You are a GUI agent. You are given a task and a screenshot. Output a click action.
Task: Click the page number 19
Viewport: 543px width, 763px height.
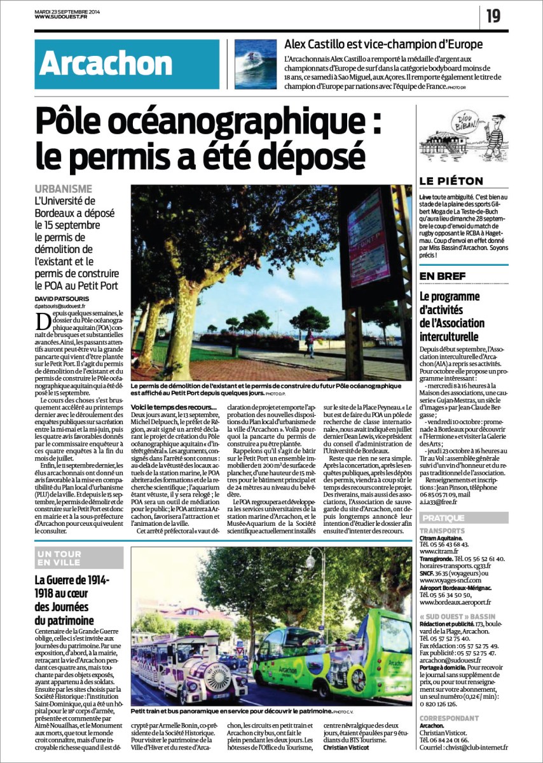point(493,16)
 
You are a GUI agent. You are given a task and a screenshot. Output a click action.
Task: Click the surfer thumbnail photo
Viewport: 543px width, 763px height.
point(256,64)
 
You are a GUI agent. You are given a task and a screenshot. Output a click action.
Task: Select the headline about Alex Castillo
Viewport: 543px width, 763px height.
point(383,45)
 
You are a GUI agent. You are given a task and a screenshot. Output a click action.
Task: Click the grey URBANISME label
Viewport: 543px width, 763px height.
point(63,189)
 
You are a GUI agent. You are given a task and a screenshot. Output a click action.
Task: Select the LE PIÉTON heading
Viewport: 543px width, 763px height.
point(451,181)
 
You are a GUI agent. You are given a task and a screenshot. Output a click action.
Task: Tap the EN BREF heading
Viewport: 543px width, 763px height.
point(444,275)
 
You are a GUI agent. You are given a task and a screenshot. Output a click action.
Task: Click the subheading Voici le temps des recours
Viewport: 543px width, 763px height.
point(173,406)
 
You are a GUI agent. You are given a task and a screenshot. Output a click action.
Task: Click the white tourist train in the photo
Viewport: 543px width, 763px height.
point(188,664)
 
